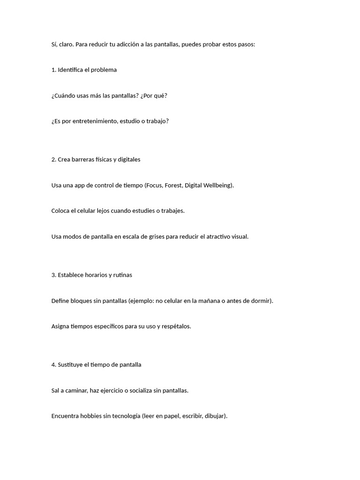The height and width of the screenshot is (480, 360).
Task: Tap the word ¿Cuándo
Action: tap(63, 96)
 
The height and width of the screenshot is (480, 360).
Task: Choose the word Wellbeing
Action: tap(217, 185)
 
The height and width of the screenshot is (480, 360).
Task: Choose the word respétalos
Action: tap(176, 326)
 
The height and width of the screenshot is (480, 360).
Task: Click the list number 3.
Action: tap(53, 275)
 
